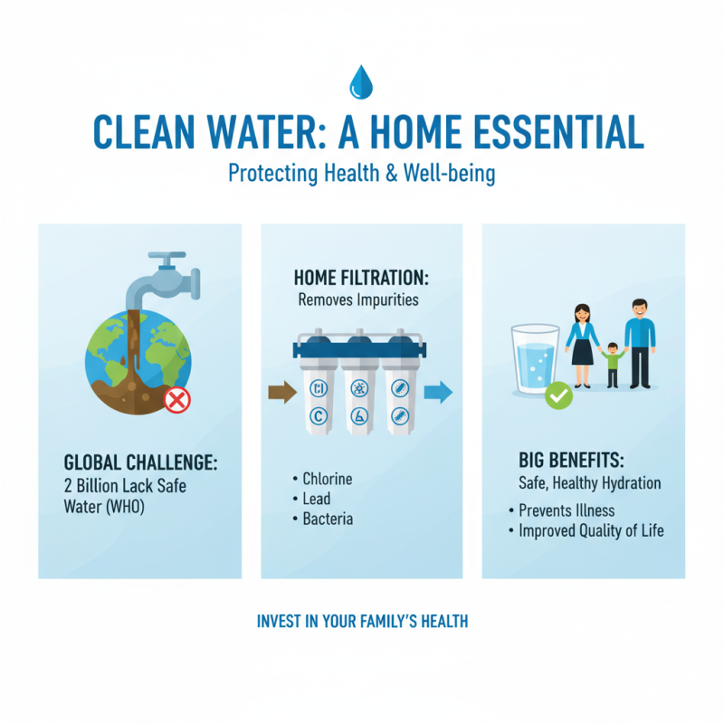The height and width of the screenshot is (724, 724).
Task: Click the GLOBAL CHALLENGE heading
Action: point(140,462)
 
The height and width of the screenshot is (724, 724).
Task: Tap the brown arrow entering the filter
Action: point(282,393)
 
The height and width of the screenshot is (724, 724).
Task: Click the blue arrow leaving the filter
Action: point(438,393)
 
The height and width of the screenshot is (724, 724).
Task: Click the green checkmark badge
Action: point(558,395)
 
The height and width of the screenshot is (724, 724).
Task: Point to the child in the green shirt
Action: point(612,362)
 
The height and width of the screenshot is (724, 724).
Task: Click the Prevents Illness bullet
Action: point(567,510)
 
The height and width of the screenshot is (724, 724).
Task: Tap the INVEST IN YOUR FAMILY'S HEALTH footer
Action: point(362,622)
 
